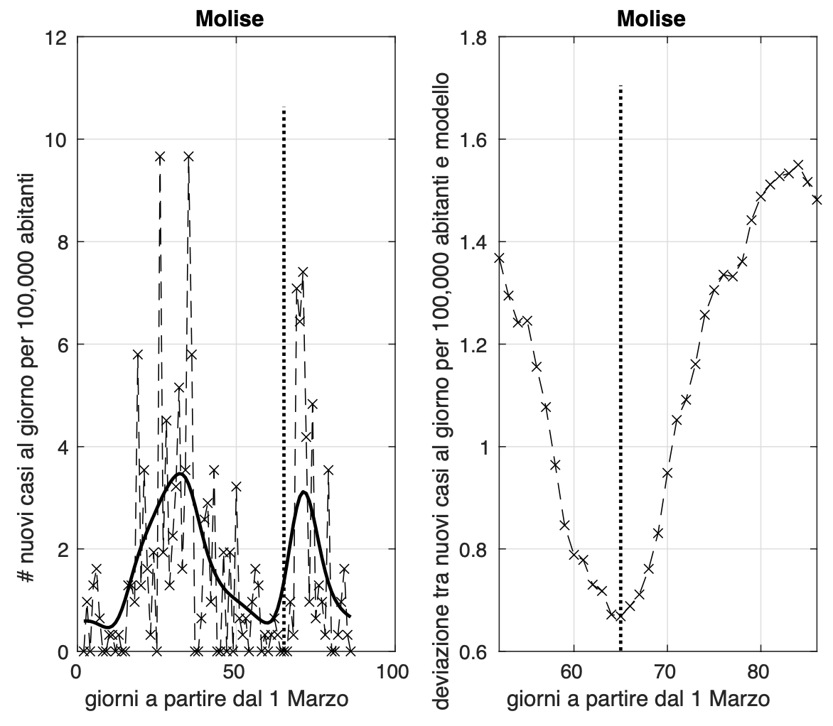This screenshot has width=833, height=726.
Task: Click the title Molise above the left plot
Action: pos(230,18)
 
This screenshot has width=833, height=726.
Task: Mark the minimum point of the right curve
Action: pos(620,617)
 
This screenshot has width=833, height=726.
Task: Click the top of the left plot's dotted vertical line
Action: pos(284,108)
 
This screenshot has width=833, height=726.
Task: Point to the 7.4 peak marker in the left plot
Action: pos(303,272)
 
